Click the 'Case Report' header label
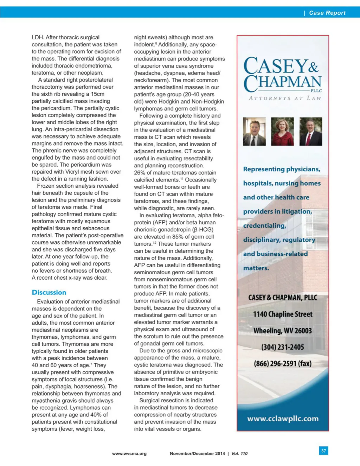tap(327, 13)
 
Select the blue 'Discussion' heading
tap(49, 292)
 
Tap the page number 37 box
tap(323, 451)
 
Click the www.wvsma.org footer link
tap(129, 454)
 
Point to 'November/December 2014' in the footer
tap(197, 454)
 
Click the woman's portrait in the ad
tap(282, 132)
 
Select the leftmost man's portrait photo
tap(254, 132)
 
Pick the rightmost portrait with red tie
tap(311, 132)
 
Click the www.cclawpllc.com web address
tap(283, 419)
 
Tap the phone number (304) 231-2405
tap(283, 347)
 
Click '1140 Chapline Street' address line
tap(283, 314)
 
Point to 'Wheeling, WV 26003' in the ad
tap(283, 331)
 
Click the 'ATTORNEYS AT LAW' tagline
tap(285, 98)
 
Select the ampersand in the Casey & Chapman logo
tap(314, 66)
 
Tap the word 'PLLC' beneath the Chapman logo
tap(316, 91)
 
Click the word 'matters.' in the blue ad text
tap(256, 268)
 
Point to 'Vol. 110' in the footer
tap(239, 454)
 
